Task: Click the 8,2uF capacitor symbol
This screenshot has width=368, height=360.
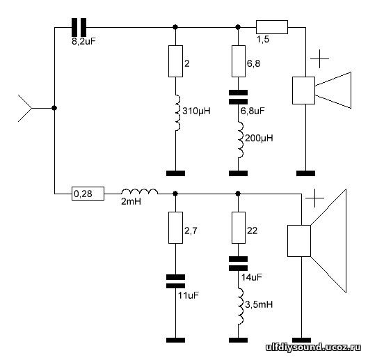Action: (x=79, y=27)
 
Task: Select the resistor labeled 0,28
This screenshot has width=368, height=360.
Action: (x=88, y=194)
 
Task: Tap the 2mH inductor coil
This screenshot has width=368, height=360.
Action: (x=139, y=191)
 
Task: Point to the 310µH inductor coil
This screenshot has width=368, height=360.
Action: (x=177, y=113)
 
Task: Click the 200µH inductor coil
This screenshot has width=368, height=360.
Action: (x=240, y=139)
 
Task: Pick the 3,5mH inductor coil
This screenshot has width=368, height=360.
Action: (x=240, y=306)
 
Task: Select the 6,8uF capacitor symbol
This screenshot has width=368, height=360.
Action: (x=238, y=97)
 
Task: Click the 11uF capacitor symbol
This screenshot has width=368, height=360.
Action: (x=175, y=281)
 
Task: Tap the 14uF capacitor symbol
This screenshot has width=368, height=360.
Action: (x=238, y=263)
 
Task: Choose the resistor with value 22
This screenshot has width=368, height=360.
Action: (x=239, y=228)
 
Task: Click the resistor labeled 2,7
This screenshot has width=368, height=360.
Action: (x=175, y=228)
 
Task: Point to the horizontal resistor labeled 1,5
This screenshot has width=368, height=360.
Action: (x=272, y=27)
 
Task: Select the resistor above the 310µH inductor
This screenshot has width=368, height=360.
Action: (x=175, y=61)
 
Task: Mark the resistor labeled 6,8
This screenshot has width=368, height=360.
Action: (x=239, y=61)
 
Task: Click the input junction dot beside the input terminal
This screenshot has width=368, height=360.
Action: (x=54, y=108)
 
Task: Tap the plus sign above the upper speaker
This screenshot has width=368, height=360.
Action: (x=319, y=58)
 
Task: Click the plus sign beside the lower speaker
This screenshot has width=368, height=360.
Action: (x=314, y=198)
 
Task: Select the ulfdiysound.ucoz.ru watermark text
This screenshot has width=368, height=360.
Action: (x=313, y=347)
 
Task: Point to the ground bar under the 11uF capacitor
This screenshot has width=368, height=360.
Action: (x=175, y=340)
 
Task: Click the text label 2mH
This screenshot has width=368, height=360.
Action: (x=131, y=202)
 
